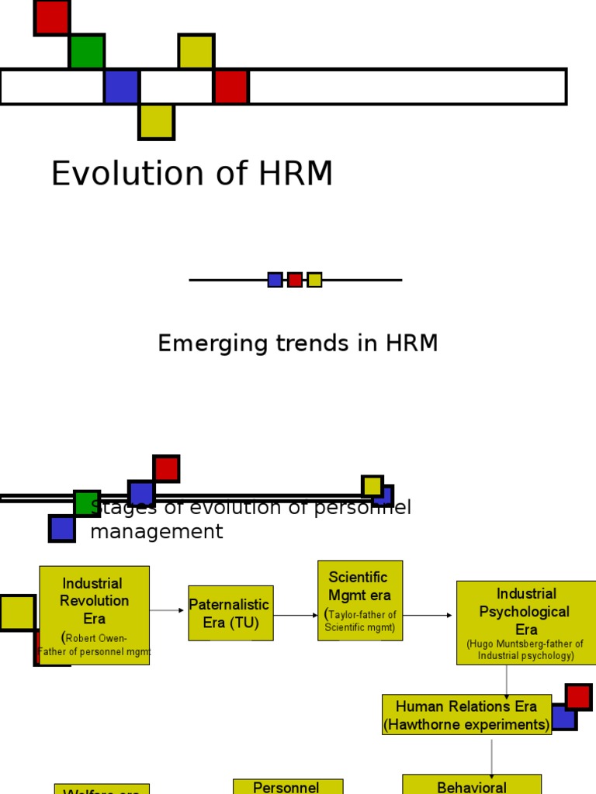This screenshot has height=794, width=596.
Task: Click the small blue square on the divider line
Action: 275,280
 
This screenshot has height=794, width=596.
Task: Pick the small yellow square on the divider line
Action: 314,280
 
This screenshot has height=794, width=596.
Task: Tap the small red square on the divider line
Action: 295,280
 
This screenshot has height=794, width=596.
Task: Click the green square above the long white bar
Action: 86,52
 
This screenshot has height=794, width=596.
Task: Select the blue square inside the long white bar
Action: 122,87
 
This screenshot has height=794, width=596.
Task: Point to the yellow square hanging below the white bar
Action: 156,123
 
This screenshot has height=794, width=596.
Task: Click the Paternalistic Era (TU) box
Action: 230,613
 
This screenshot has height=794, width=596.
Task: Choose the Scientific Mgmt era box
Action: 360,600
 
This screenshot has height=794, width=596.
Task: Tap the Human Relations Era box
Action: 466,715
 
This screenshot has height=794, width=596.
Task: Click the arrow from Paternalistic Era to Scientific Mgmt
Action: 296,616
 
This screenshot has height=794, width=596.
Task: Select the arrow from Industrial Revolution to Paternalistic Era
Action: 168,611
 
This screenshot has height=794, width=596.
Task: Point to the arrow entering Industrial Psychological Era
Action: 428,616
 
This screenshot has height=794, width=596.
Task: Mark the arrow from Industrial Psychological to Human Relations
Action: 507,680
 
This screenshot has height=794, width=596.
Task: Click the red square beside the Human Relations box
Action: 578,696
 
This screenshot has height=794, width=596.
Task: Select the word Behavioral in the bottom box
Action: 472,787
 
